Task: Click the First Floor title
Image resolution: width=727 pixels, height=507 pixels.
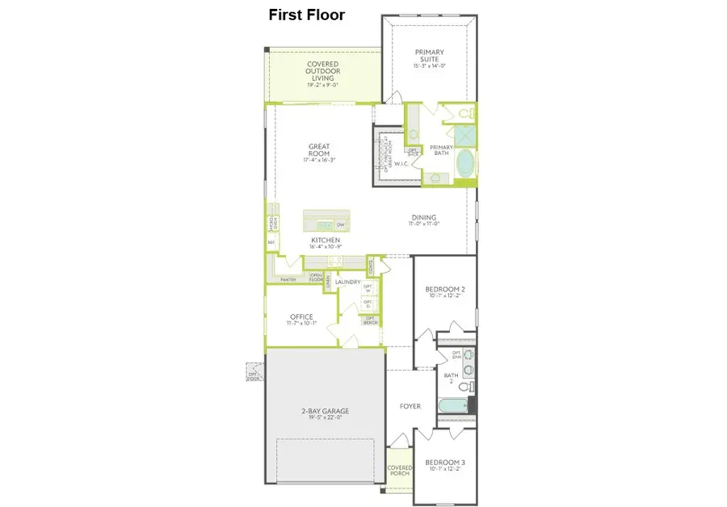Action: coord(306,15)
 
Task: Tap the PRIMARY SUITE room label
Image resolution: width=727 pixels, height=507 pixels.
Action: coord(430,56)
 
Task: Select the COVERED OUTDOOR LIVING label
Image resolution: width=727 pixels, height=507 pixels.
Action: coord(322,71)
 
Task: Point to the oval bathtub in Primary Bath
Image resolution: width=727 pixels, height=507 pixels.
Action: coord(466,164)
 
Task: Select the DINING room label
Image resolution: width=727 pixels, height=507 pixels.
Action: coord(423,217)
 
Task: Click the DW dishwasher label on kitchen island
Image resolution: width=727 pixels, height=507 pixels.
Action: coord(341,224)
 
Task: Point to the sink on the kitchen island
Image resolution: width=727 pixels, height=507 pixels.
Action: coord(324,224)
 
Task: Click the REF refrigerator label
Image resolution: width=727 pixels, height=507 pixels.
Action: coord(271,241)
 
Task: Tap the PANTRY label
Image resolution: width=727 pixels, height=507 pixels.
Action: coord(288,279)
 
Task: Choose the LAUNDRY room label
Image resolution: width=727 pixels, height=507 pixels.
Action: coord(347,282)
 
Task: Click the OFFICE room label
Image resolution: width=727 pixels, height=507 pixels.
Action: coord(301,316)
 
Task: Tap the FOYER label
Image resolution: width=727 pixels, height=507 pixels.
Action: coord(410,406)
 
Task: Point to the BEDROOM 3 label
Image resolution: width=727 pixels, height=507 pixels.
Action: coord(446,463)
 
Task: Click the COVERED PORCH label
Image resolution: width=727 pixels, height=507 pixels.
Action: coord(399,471)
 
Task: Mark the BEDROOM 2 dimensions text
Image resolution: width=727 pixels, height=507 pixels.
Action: coord(446,295)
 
